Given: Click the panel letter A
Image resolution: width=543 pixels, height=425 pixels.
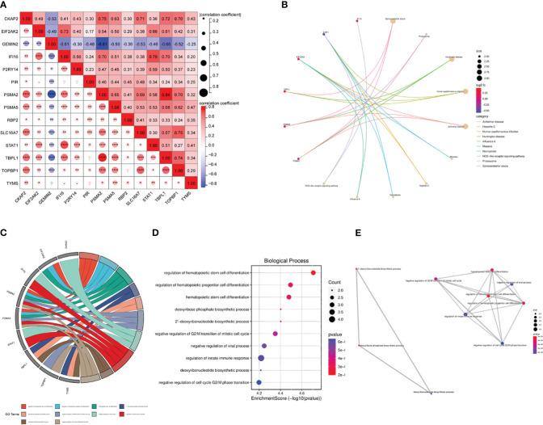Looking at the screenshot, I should (x=6, y=6).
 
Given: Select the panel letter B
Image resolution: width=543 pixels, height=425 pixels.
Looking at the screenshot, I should (x=279, y=6).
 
